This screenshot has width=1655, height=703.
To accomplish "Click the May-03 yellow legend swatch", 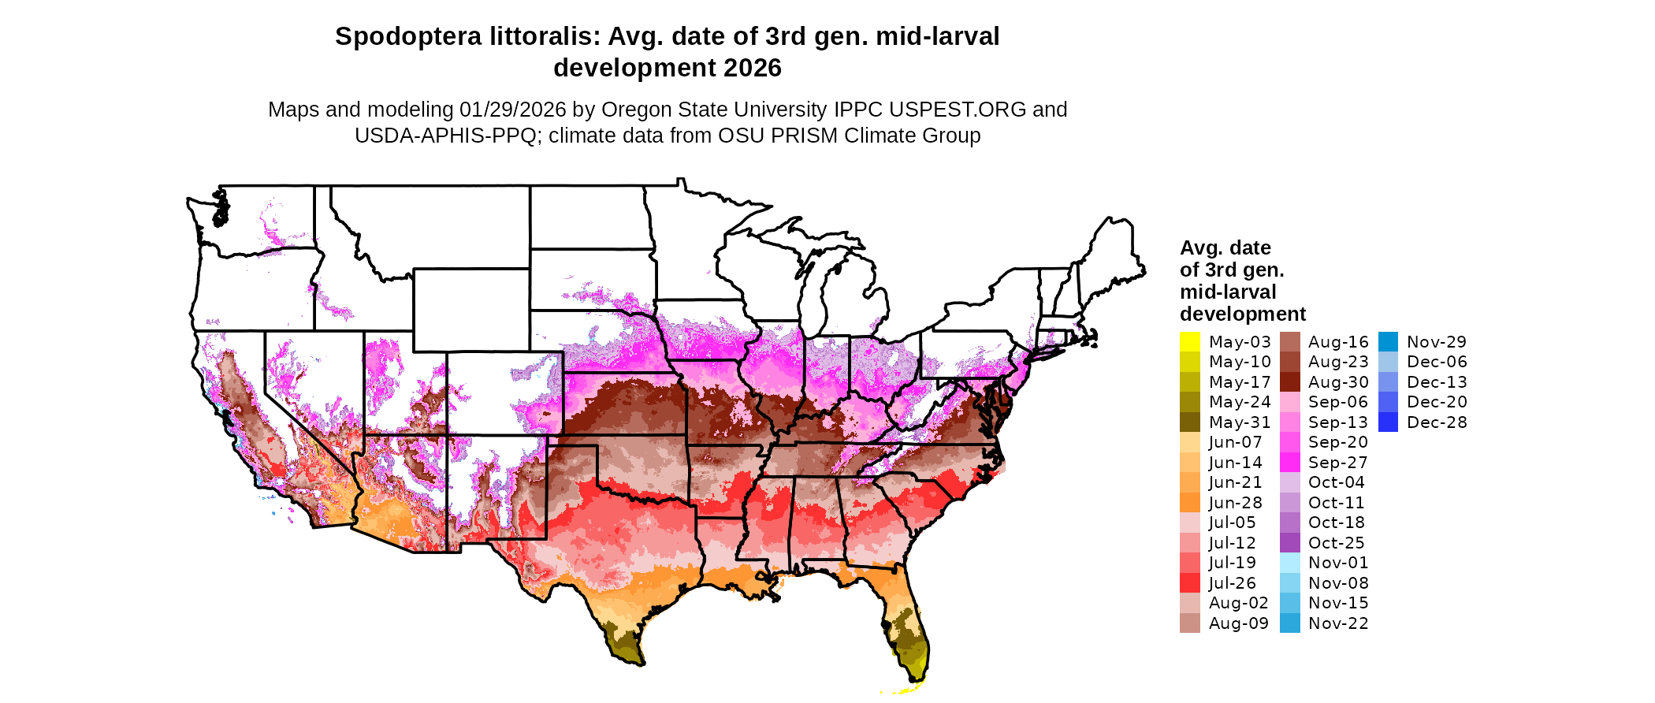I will (x=1189, y=342).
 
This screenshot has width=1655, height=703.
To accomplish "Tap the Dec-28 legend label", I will (x=1437, y=422).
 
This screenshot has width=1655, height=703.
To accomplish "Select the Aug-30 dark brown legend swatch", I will (x=1289, y=382).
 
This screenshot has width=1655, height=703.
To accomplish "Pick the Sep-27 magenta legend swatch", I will (x=1289, y=463).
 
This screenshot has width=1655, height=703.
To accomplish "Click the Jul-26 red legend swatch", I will (x=1189, y=583).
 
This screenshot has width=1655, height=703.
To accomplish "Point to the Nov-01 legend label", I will (x=1338, y=563).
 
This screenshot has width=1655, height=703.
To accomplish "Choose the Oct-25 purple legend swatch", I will (x=1289, y=543).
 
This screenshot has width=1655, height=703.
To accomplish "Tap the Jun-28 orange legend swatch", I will (x=1189, y=503).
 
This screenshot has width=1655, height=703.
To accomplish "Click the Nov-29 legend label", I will (x=1437, y=342).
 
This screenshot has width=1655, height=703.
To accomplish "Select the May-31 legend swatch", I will (x=1189, y=422).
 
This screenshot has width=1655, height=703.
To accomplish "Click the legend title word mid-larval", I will (x=1227, y=292).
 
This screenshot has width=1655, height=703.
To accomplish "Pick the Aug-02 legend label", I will (x=1238, y=603).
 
